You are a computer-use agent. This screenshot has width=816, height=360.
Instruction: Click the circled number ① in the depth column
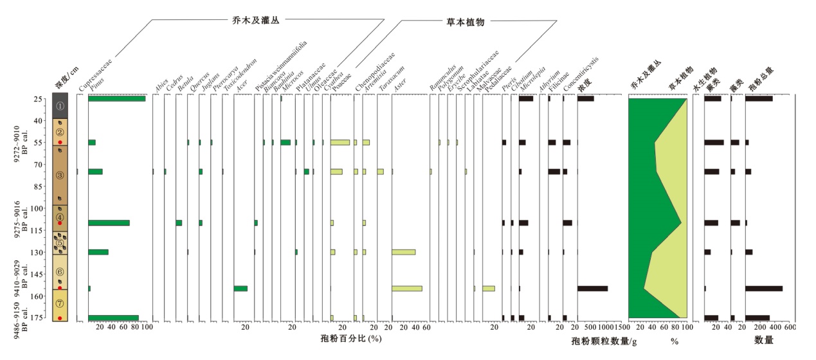[60, 105]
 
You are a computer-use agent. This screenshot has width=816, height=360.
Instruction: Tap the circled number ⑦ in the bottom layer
[60, 303]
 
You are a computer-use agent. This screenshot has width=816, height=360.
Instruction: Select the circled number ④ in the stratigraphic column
[60, 217]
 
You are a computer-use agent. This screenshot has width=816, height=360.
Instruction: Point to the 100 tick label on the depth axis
[37, 208]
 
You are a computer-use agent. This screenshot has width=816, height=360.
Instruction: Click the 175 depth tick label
[37, 318]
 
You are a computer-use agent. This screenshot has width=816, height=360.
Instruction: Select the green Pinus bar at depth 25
[116, 98]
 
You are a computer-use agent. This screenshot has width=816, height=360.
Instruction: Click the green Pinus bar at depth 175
[113, 318]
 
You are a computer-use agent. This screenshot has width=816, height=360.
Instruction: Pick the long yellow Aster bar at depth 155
[406, 288]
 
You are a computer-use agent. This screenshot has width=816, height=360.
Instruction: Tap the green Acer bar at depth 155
[240, 288]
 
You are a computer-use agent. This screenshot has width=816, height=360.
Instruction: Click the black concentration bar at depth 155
[592, 288]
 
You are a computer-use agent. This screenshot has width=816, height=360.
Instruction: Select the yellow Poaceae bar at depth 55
[340, 142]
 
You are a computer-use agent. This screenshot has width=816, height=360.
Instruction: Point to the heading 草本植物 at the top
[466, 21]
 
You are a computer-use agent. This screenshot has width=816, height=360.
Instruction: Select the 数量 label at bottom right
[763, 339]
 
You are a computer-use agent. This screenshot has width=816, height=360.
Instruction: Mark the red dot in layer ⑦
[60, 318]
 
